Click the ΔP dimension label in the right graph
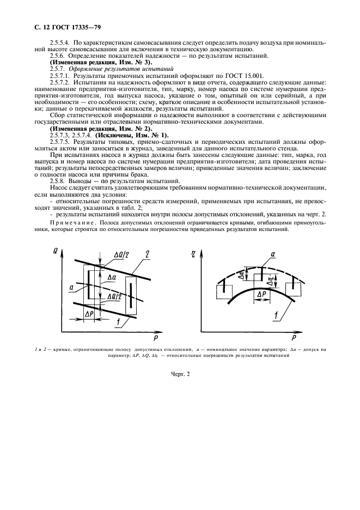(261, 293)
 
